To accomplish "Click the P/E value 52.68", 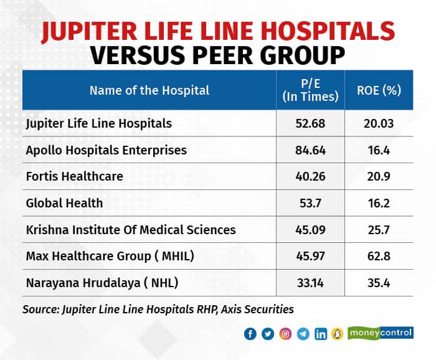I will [x=310, y=124].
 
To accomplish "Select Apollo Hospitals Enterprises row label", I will [x=106, y=150].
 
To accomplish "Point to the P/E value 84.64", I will [x=310, y=150].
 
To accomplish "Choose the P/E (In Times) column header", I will [x=310, y=90].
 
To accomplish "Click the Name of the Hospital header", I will [x=149, y=90].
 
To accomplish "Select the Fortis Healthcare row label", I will [x=74, y=177].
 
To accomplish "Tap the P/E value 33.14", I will [x=310, y=283].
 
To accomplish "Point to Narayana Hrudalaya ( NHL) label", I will [x=102, y=283].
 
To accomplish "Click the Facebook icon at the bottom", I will [x=250, y=334].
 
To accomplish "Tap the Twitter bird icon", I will [x=268, y=334].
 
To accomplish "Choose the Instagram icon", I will [x=286, y=334].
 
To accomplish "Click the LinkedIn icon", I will [x=321, y=334].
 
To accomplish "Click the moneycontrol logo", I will [x=380, y=333].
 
